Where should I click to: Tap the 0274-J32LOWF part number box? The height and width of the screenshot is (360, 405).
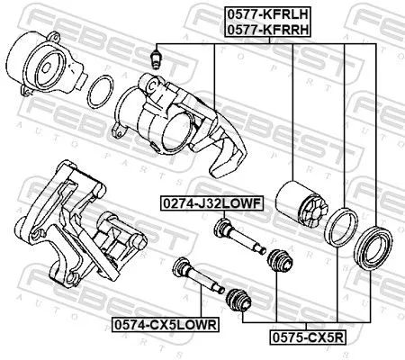coord(211,203)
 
